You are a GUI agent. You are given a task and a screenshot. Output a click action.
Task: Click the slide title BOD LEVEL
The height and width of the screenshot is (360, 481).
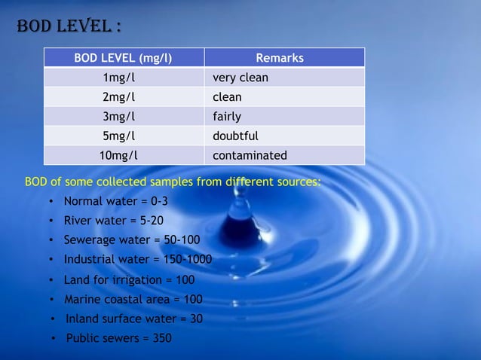click(68, 27)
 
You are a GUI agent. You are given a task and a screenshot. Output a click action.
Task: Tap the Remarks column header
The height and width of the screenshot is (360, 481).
click(280, 58)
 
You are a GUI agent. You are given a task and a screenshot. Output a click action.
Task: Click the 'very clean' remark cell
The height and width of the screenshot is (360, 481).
click(240, 78)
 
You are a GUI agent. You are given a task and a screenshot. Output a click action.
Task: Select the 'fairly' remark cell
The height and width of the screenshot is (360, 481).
click(227, 117)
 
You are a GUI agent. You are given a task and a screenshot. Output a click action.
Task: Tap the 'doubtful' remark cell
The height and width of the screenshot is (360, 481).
click(235, 136)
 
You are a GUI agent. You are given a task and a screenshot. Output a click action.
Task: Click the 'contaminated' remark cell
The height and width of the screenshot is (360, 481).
click(250, 156)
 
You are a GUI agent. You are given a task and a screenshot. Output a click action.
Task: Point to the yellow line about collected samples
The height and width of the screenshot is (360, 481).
click(173, 182)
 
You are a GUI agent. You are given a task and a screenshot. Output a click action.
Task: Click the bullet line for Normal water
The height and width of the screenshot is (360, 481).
click(115, 202)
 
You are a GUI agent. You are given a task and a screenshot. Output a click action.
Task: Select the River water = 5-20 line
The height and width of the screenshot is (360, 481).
click(113, 221)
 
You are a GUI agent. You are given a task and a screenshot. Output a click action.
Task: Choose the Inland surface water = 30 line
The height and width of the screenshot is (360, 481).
click(134, 319)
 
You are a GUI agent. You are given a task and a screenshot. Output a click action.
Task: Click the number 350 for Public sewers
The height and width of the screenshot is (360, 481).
click(162, 338)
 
